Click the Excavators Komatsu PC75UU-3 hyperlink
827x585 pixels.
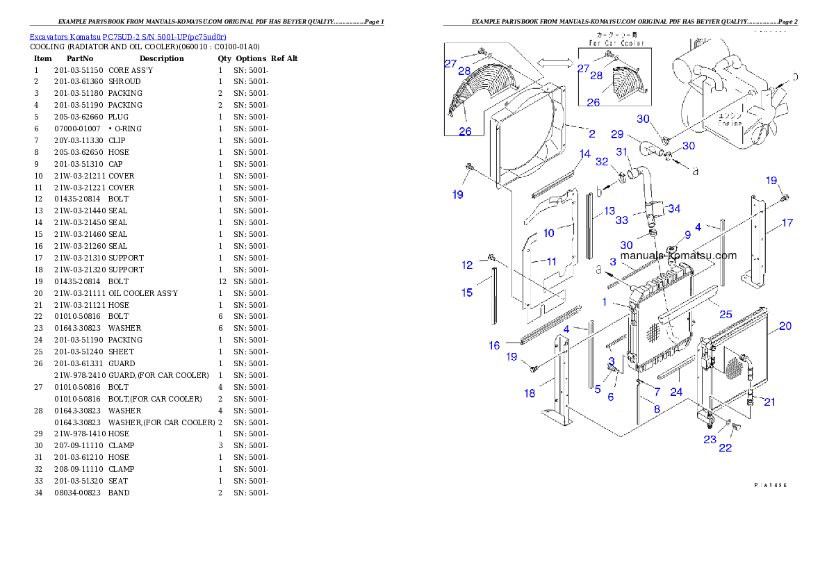click(128, 36)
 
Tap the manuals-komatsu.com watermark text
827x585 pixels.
click(678, 255)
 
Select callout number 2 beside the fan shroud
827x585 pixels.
click(591, 133)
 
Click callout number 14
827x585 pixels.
click(584, 154)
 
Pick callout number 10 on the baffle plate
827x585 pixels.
click(549, 233)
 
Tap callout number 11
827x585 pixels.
click(552, 261)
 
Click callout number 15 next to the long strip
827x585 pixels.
click(467, 292)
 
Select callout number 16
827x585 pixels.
click(494, 345)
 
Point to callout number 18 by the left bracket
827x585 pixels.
click(530, 393)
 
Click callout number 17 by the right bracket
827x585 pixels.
click(787, 223)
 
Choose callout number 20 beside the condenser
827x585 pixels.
click(785, 325)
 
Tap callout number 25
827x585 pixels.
click(726, 314)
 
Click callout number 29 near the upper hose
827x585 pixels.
click(617, 133)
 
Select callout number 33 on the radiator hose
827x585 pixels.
click(621, 220)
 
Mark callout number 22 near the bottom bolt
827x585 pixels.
click(725, 448)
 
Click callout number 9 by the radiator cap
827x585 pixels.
click(687, 236)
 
